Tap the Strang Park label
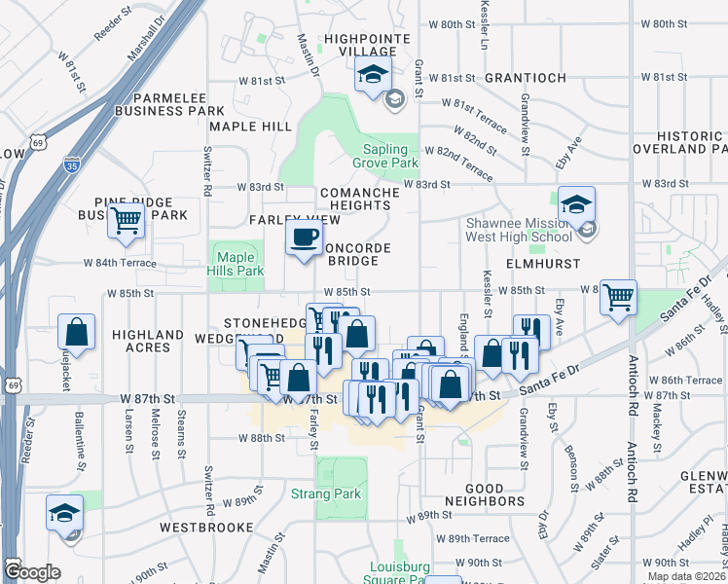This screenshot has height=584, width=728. pos(326,493)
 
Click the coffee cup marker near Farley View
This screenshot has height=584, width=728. pos(305,237)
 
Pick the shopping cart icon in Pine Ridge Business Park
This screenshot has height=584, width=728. pos(126,220)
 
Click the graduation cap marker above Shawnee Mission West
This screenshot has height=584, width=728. pos(577,204)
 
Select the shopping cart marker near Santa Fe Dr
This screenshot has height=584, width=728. pos(619,298)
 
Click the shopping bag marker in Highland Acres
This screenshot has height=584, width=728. pos(77,332)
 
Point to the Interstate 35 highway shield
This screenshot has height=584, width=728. pos(71,165)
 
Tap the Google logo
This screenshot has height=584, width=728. pos(31,571)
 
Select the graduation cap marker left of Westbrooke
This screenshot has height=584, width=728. pos(65,513)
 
